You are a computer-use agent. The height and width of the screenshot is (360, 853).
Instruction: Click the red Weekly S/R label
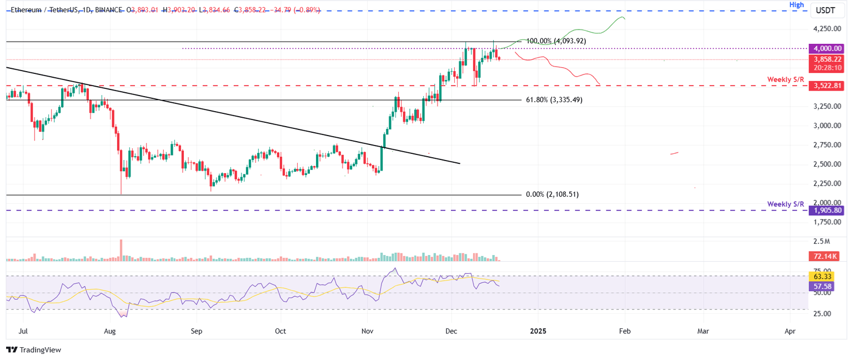(785, 79)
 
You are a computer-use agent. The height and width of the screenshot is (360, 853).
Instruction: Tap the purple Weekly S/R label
(785, 204)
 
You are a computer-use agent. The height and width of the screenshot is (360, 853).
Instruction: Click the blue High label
(797, 4)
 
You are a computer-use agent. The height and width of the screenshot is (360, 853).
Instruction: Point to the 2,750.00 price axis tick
(827, 145)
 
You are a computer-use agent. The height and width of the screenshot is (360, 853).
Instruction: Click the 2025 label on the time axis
(538, 331)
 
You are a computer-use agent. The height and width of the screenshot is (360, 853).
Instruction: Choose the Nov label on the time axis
(367, 331)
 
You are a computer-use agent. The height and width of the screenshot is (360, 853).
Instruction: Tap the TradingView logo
(34, 349)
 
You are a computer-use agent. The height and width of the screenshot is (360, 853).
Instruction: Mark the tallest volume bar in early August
(121, 250)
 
